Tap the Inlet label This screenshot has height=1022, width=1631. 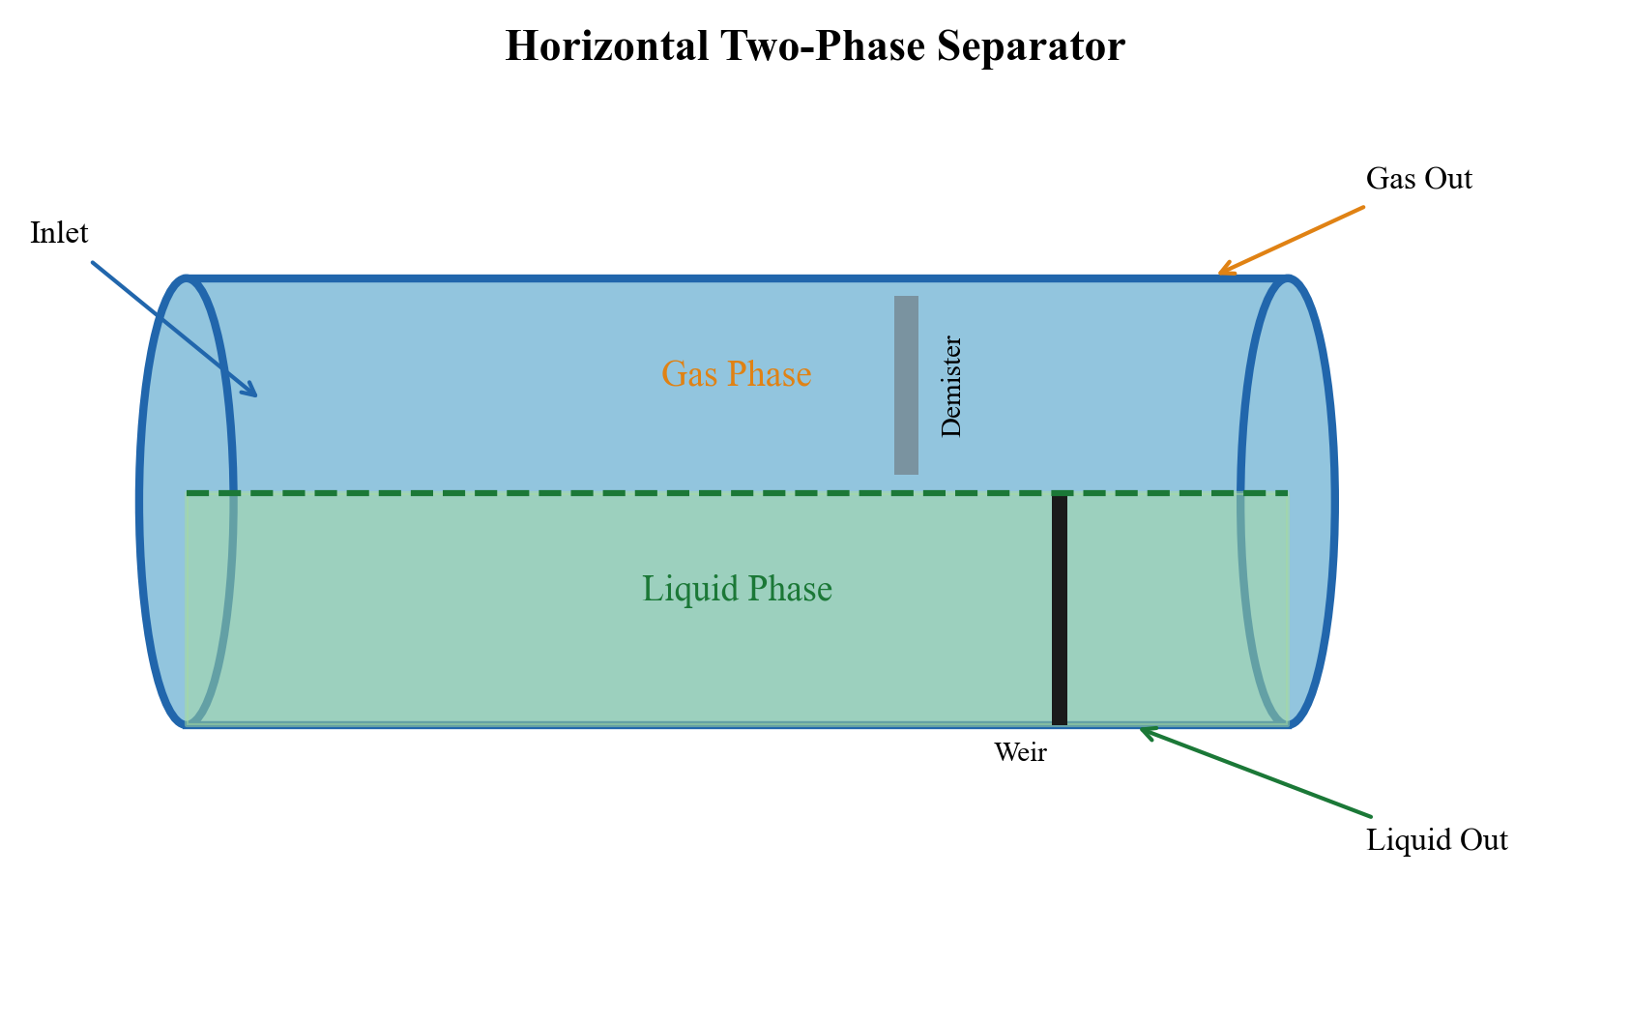click(59, 233)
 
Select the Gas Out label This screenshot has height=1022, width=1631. click(1418, 179)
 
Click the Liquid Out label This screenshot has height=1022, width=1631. click(1437, 840)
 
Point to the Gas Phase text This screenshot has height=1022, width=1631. click(736, 374)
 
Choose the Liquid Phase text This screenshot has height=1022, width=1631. click(737, 589)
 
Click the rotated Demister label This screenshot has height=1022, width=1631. click(951, 387)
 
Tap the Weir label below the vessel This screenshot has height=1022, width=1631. click(1020, 752)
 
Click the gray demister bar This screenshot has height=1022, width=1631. click(906, 385)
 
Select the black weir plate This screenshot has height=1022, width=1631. click(1060, 609)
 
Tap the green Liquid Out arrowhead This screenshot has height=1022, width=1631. click(1145, 731)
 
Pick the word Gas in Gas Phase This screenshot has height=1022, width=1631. click(683, 374)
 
